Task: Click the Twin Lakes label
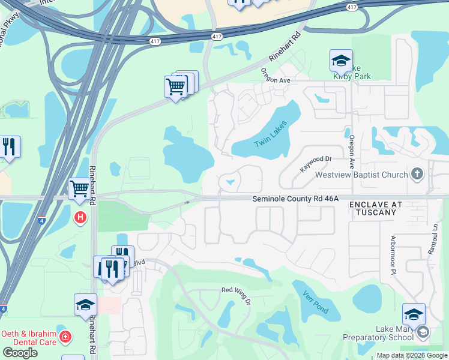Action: pos(271,134)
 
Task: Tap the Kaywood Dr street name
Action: pos(316,162)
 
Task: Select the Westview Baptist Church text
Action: pos(363,175)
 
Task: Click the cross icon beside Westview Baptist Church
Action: pos(417,175)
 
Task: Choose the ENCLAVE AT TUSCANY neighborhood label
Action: pos(375,208)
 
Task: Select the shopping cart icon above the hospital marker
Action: pos(79,189)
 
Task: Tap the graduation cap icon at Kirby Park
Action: pos(341,61)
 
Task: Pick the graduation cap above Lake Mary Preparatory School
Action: pos(414,314)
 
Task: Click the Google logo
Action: pos(20,352)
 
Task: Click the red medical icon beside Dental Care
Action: pos(65,340)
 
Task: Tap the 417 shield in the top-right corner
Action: pos(352,7)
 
